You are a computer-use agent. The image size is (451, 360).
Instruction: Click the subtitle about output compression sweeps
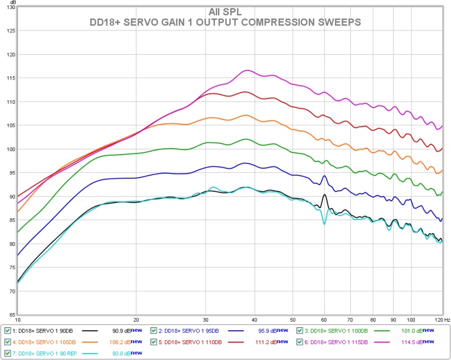225,21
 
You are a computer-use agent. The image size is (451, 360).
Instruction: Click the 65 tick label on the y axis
11,314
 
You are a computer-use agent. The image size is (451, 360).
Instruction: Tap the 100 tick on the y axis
10,149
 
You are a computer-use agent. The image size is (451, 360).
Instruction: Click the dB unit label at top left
11,2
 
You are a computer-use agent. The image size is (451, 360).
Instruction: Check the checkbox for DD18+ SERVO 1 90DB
7,330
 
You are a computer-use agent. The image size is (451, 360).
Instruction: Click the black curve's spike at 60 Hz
324,195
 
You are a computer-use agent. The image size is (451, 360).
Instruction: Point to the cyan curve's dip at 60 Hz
324,223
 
